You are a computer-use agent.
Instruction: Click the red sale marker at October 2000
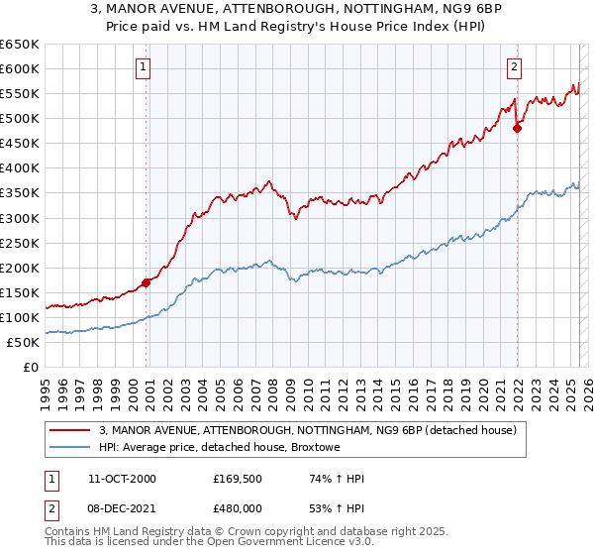[x=146, y=282]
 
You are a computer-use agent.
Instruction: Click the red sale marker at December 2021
[x=517, y=127]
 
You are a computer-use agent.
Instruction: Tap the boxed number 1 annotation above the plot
[x=145, y=67]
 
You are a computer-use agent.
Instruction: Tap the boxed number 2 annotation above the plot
[x=515, y=67]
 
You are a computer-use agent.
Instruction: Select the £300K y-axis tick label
[x=20, y=218]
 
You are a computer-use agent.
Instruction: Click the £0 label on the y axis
[x=31, y=368]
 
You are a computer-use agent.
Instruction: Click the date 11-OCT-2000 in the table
[x=122, y=480]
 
